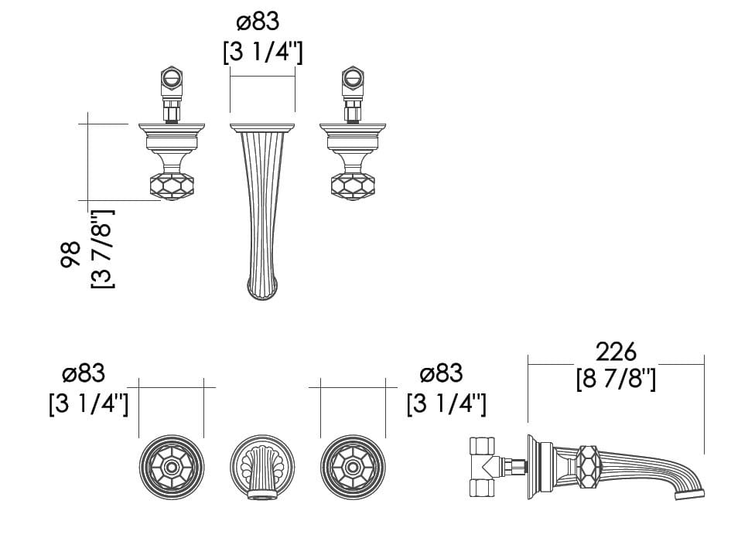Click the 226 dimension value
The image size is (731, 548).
[x=616, y=352]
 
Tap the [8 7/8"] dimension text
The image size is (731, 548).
[x=616, y=380]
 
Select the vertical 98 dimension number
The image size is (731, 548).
[x=70, y=254]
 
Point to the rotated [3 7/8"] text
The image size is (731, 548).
[x=102, y=249]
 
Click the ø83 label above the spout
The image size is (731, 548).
[x=258, y=22]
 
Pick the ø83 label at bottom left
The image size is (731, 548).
[x=84, y=373]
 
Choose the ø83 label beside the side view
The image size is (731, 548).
[x=442, y=373]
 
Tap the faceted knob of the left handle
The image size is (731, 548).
[x=172, y=186]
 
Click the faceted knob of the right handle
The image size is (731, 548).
[x=353, y=186]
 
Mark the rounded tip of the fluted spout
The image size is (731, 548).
[x=262, y=289]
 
